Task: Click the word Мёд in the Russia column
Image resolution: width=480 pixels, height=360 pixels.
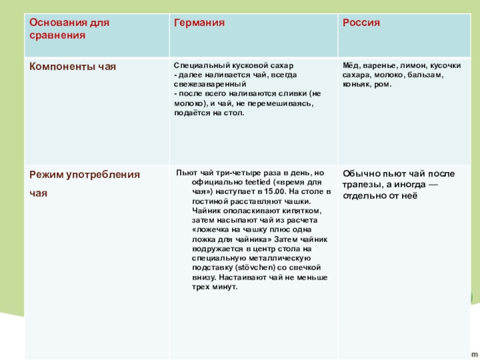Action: [350, 65]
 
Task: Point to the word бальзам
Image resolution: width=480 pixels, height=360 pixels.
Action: [427, 74]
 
